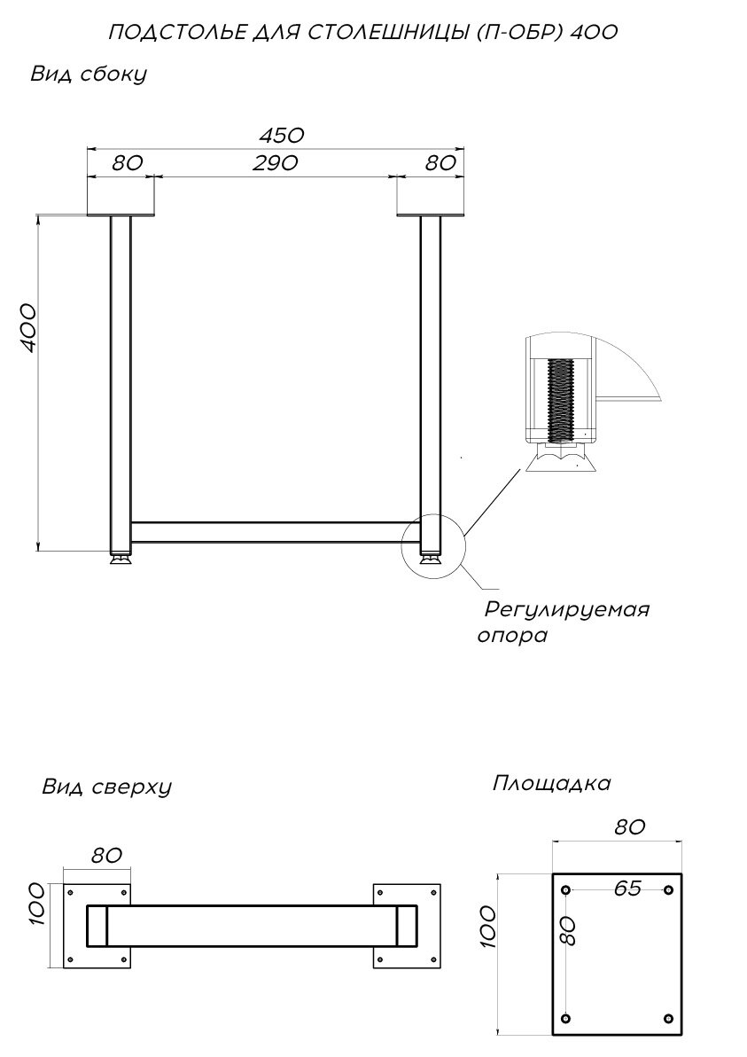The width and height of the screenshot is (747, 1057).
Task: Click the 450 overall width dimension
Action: [x=281, y=135]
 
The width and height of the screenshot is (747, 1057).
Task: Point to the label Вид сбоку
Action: [x=88, y=74]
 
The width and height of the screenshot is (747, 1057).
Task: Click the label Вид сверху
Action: [x=106, y=787]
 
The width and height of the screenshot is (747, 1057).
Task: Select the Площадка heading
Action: [x=551, y=784]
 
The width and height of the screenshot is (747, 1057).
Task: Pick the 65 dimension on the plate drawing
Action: [x=626, y=889]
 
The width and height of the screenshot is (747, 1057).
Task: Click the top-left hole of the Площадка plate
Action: [x=567, y=889]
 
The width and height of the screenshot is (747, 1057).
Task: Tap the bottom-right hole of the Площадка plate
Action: [x=668, y=1017]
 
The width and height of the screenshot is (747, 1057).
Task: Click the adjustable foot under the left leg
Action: [x=121, y=558]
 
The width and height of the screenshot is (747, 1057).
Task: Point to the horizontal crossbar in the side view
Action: [x=275, y=532]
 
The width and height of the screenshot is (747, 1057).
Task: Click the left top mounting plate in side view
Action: [x=121, y=212]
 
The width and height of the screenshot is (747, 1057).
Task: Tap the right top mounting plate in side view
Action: [x=431, y=212]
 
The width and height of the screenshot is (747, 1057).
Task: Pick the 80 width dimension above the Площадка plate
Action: [x=628, y=827]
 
